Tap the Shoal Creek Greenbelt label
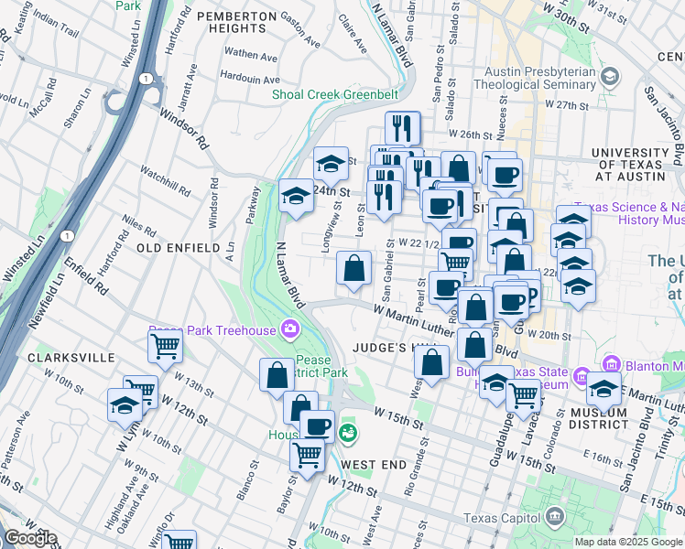[335, 94]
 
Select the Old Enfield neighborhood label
[178, 248]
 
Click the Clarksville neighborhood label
[71, 357]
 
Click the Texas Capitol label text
[503, 518]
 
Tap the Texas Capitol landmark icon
[555, 518]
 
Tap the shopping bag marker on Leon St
[353, 268]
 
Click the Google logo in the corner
[29, 538]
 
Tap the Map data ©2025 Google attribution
[628, 542]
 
